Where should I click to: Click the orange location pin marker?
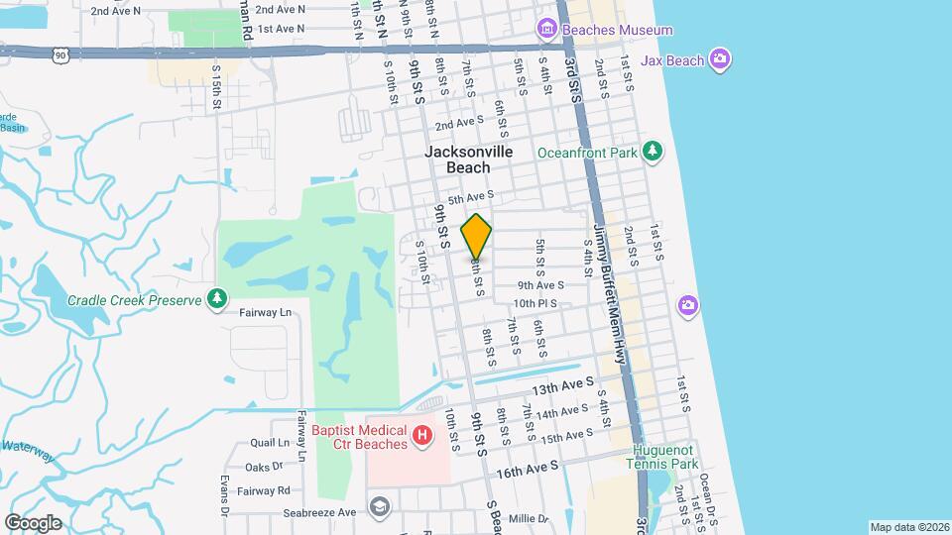tap(477, 237)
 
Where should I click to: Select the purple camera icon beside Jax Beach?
tap(721, 60)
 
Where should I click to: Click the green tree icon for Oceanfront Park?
tap(652, 152)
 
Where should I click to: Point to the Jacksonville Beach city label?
tap(469, 160)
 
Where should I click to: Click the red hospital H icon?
tap(422, 436)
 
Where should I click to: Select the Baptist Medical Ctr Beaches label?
tap(359, 437)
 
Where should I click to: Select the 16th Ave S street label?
tap(528, 468)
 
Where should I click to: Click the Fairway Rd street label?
tap(269, 489)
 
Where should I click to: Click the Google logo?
tap(32, 522)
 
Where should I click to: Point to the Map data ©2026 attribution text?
tap(908, 527)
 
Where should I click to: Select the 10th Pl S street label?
tap(535, 303)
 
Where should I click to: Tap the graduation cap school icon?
tap(379, 507)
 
